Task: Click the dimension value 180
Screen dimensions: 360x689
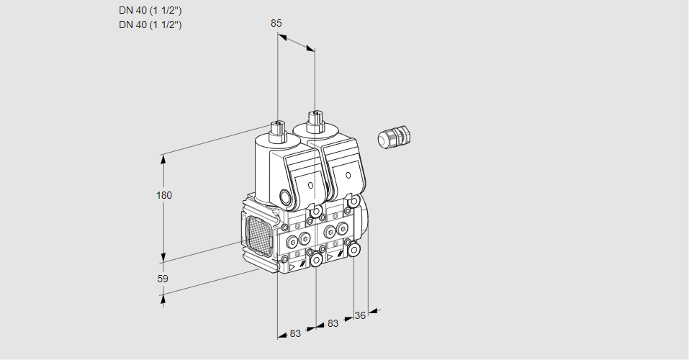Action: [x=164, y=195]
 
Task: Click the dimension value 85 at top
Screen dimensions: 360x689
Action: [x=276, y=23]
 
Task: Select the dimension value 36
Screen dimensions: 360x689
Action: [x=361, y=315]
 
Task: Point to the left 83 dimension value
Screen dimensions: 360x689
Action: [x=295, y=333]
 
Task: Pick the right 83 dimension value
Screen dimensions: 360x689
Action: [x=332, y=323]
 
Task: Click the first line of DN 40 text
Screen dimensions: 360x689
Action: [x=150, y=11]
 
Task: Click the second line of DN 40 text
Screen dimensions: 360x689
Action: [x=150, y=24]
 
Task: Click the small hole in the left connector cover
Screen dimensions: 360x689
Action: [x=311, y=185]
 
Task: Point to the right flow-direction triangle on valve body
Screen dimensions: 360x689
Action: [x=330, y=257]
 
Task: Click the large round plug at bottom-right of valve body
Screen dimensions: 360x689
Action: [x=354, y=248]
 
